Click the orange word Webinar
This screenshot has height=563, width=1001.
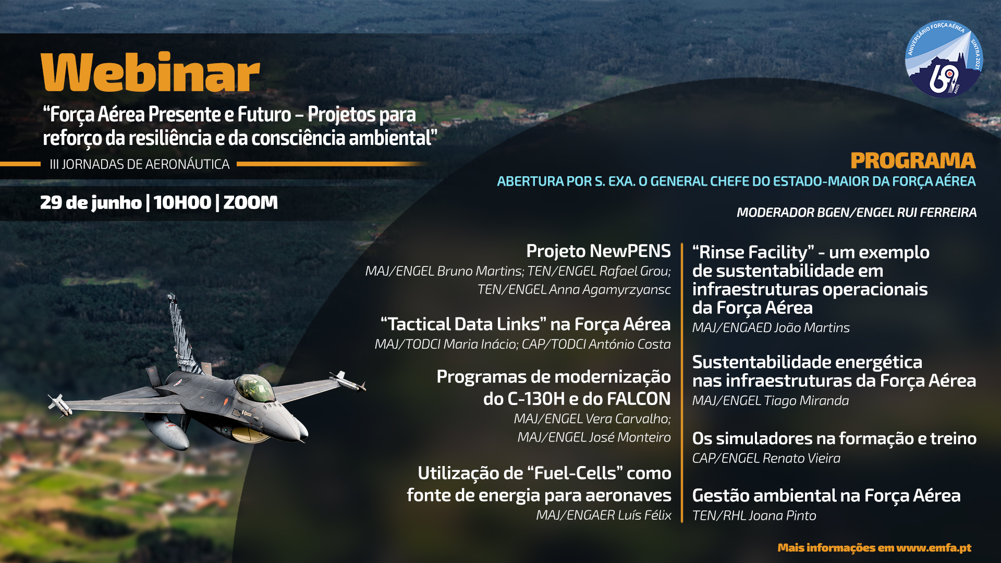click(150, 72)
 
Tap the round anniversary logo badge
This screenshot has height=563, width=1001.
click(944, 59)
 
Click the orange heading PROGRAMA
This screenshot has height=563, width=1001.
click(913, 161)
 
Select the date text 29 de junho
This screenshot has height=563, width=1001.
click(91, 202)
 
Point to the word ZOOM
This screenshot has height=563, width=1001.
click(250, 202)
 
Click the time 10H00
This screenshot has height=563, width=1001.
click(182, 202)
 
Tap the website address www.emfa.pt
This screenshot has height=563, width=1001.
click(934, 547)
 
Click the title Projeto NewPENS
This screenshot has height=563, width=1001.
click(599, 251)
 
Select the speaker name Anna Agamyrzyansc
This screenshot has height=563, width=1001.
click(610, 289)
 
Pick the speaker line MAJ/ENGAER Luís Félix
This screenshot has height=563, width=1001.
click(604, 515)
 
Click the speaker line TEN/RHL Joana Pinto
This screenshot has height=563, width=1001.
click(754, 516)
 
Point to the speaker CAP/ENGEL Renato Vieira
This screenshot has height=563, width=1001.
click(766, 458)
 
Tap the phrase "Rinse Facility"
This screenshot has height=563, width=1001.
click(753, 252)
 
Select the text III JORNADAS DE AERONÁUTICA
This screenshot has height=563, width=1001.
click(140, 164)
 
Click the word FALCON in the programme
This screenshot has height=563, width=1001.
click(639, 399)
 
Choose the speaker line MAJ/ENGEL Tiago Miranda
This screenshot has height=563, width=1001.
click(771, 401)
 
